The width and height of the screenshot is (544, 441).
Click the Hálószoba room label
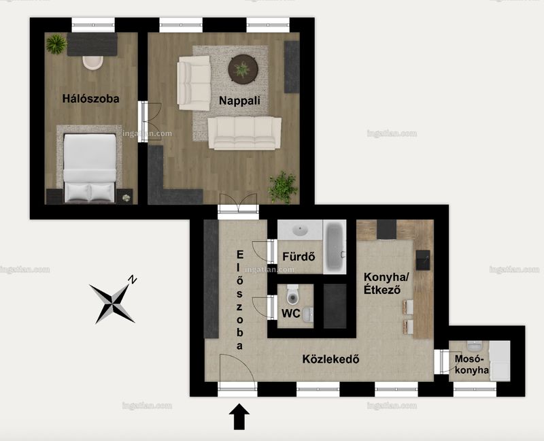pos(91,99)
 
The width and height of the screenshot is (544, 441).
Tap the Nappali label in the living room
pos(239,101)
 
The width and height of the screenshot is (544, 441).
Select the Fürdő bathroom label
pos(299,257)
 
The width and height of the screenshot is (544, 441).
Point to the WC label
pos(291,313)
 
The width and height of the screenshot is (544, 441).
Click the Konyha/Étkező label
pos(386,283)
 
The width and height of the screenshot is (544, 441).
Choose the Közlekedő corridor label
pos(330,359)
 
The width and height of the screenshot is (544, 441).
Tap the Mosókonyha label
pos(471,364)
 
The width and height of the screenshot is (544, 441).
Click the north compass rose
pos(113,299)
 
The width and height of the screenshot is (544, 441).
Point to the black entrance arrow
pos(239,416)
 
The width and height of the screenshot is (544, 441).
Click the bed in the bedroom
pos(90,168)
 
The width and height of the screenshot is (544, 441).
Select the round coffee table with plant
pos(243,69)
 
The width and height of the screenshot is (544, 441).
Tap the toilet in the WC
pos(293,295)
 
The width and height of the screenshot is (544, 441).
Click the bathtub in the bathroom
pos(335,246)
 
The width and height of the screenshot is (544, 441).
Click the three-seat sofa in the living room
pos(245,133)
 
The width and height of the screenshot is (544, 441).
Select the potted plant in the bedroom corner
pos(56,44)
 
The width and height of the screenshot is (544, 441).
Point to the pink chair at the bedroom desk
pos(93,63)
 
